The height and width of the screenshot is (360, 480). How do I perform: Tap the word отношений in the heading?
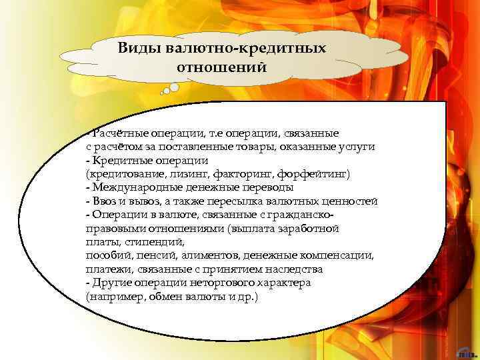click(221, 67)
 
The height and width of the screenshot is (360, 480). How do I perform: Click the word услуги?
click(359, 146)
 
